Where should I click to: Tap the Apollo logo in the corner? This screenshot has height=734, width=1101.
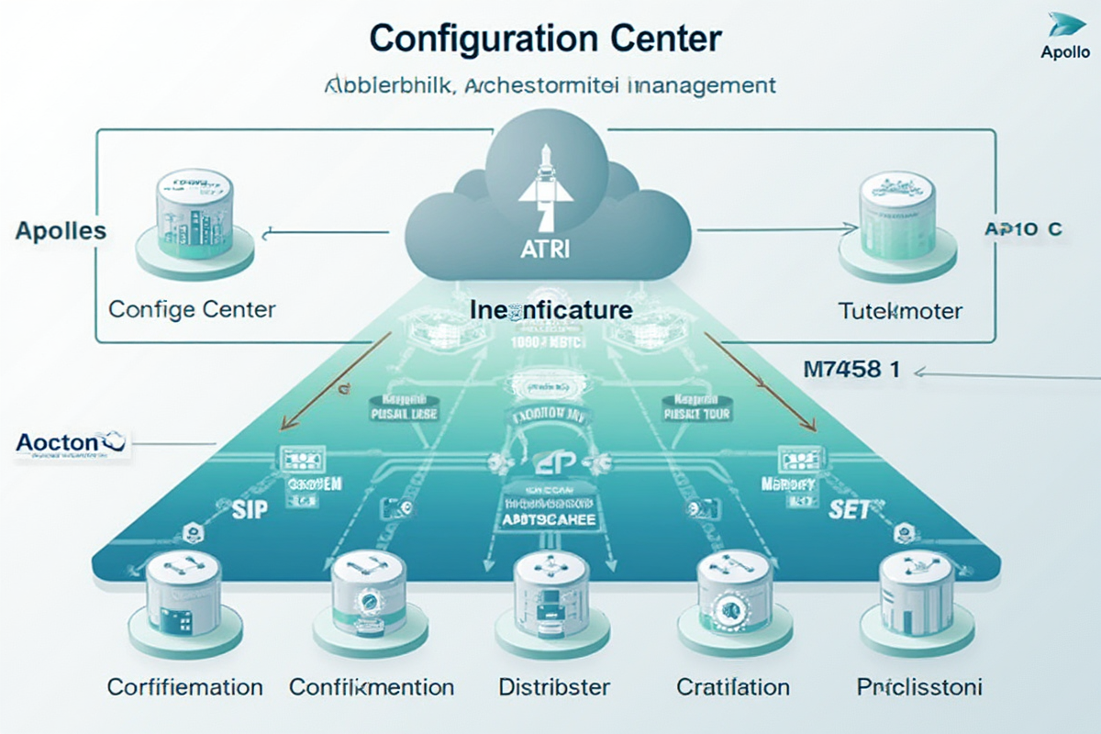click(x=1064, y=37)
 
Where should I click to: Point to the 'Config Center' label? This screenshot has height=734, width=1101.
click(x=192, y=308)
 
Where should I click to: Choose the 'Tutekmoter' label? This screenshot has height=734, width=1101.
click(x=900, y=311)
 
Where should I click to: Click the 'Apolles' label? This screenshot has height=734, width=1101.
click(x=61, y=230)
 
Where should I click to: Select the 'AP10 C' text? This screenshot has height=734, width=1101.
click(x=1023, y=229)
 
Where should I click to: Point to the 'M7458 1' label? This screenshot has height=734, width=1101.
click(x=850, y=371)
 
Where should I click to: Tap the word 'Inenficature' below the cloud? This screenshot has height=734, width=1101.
click(x=550, y=309)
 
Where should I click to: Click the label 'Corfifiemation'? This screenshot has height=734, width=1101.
click(x=184, y=686)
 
